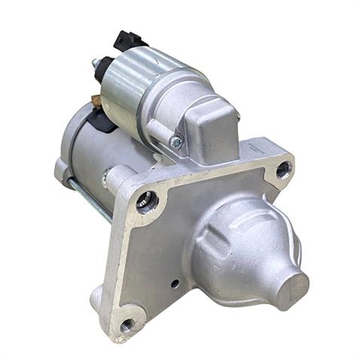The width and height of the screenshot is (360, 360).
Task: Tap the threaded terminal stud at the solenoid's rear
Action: click(95, 63)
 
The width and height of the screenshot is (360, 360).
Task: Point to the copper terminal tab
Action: click(96, 99)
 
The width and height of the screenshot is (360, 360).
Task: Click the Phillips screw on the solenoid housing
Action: click(175, 142)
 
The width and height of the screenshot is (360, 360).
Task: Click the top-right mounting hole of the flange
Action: click(282, 169)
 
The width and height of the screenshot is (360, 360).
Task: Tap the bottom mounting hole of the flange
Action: click(127, 325)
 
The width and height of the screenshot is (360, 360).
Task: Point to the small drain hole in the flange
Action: click(175, 284)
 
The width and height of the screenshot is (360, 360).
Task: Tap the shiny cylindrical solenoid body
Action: click(136, 90)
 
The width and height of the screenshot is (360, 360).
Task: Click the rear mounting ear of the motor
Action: click(62, 170)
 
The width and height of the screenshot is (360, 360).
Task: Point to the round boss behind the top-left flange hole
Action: click(117, 179)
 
